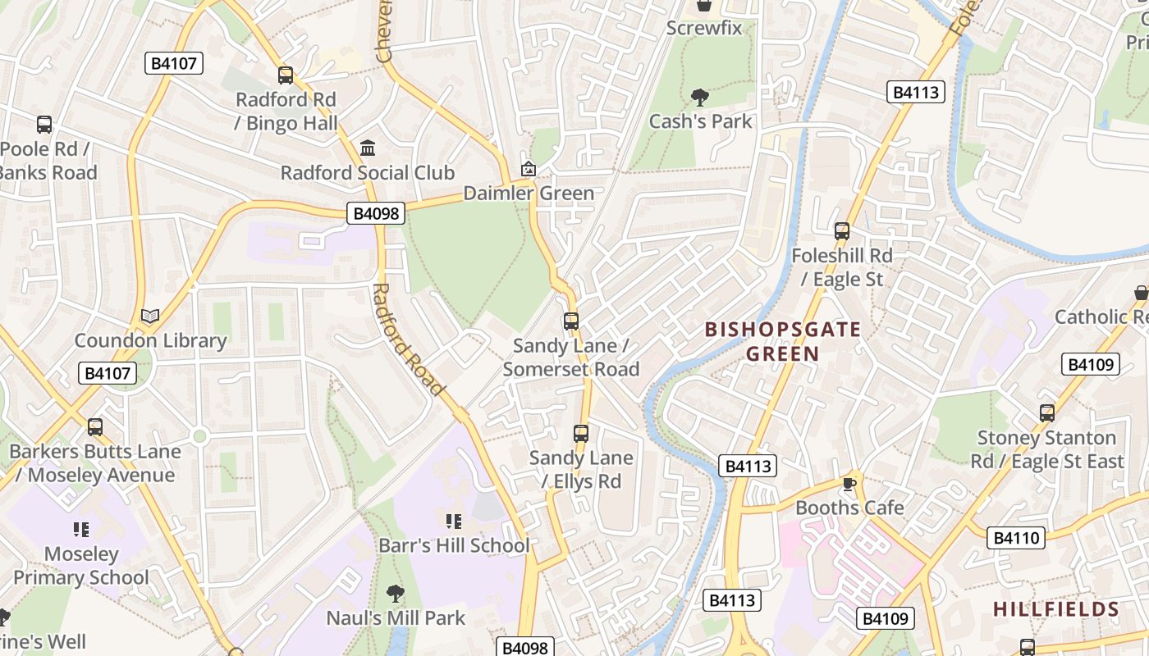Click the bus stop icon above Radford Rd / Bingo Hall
(x=286, y=75)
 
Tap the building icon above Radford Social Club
(x=368, y=148)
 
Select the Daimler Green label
(x=529, y=194)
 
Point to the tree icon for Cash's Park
(x=700, y=98)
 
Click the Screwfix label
(x=703, y=28)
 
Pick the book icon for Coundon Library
(x=150, y=316)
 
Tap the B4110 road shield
(x=1016, y=538)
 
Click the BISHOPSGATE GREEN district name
(x=783, y=342)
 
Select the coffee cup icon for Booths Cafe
(x=849, y=484)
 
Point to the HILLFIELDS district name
(x=1055, y=609)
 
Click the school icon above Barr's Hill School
(x=454, y=521)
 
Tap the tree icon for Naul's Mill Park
(x=396, y=593)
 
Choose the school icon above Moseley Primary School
(x=80, y=529)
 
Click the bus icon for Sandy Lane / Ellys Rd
(x=581, y=433)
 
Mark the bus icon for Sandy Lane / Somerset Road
(x=571, y=321)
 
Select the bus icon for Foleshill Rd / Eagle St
(x=842, y=231)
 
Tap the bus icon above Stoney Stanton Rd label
(x=1047, y=413)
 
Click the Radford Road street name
(x=408, y=339)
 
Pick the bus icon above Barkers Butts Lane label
(x=95, y=427)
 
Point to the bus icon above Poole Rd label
(x=44, y=125)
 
